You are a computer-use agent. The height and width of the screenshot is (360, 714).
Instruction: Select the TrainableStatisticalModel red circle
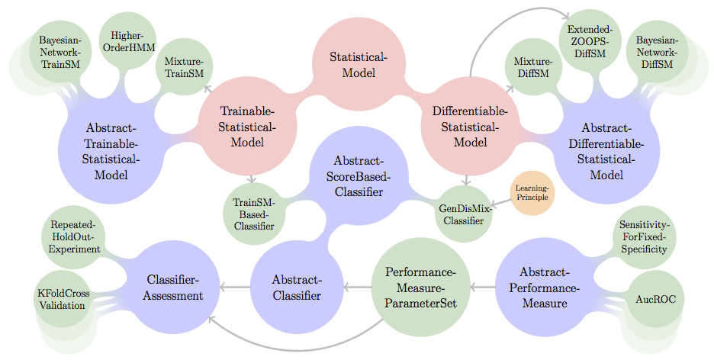click(246, 126)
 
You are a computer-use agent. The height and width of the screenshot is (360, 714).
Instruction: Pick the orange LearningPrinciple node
click(532, 193)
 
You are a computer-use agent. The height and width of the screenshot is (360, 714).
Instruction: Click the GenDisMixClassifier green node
click(464, 214)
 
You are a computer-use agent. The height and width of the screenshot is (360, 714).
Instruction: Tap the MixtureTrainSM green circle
click(184, 67)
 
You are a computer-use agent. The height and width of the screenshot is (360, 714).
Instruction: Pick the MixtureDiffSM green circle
click(533, 67)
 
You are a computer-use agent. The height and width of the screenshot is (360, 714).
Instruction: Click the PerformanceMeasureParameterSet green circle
click(420, 287)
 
